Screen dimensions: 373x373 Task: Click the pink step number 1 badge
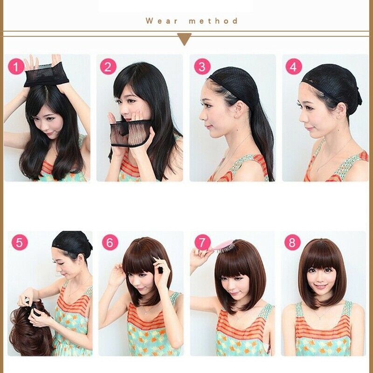coord(16,67)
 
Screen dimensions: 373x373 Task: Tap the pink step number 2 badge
coord(108,67)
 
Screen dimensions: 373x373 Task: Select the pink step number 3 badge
coord(201,67)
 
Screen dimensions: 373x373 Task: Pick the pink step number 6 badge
coord(110,243)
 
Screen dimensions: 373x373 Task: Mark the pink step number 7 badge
coord(202,243)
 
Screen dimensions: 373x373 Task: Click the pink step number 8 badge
coord(292,243)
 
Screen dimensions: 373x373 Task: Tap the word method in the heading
coord(214,21)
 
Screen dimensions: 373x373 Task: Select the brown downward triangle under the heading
coord(185,39)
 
